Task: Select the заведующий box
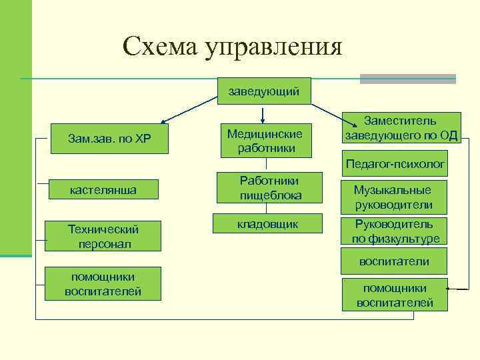(x=264, y=91)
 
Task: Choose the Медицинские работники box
(x=265, y=141)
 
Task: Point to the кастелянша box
(x=103, y=190)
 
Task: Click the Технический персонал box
(x=103, y=236)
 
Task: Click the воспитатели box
(x=394, y=261)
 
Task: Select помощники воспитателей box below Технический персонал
(x=103, y=283)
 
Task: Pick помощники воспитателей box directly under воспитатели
(x=394, y=295)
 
